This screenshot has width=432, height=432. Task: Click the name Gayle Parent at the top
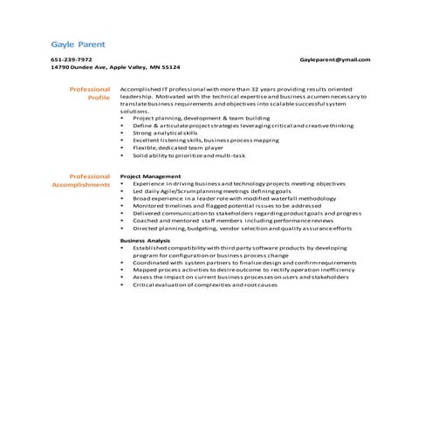coord(76,42)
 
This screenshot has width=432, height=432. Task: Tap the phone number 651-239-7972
coord(71,59)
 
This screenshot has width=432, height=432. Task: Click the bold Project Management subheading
coord(150,176)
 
